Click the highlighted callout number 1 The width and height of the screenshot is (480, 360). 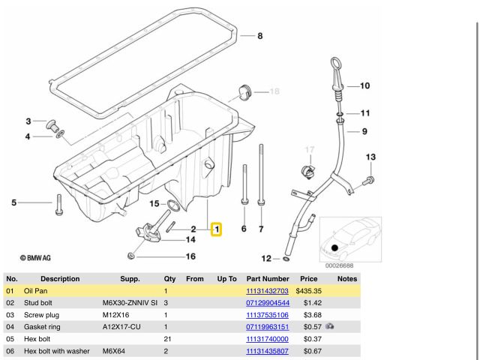216,228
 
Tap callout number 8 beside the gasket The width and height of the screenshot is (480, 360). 259,36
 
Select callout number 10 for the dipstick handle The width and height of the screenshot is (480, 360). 364,85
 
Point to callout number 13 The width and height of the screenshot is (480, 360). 370,157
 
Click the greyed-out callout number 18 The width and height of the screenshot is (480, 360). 274,91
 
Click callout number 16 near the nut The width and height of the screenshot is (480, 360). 190,256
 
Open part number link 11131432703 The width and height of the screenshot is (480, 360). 267,290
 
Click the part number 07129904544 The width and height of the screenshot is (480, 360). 267,302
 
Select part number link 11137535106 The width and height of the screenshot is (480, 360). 267,315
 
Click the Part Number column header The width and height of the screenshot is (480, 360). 267,278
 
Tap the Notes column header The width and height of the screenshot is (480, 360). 347,278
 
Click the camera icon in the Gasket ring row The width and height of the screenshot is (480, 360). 330,327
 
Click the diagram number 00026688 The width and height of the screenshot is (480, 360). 339,265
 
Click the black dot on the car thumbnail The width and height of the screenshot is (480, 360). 334,247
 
